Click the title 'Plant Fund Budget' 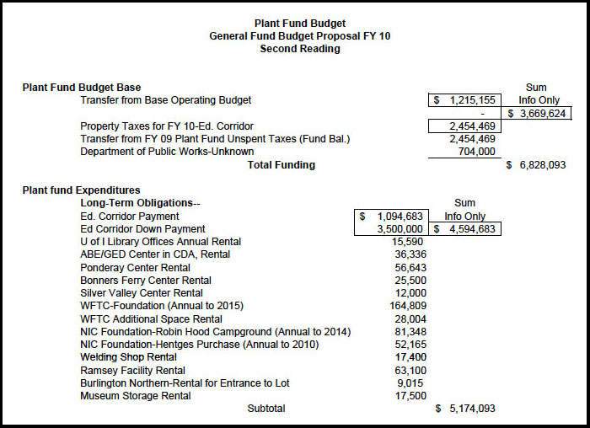pyautogui.click(x=299, y=24)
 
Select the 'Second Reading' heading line pyautogui.click(x=299, y=49)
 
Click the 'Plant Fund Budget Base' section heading pyautogui.click(x=82, y=88)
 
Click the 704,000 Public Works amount pyautogui.click(x=475, y=152)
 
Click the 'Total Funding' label pyautogui.click(x=282, y=165)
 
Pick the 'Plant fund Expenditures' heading pyautogui.click(x=81, y=190)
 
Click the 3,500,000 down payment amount pyautogui.click(x=400, y=228)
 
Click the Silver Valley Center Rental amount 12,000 pyautogui.click(x=410, y=292)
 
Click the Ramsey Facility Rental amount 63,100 pyautogui.click(x=410, y=370)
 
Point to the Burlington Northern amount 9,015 pyautogui.click(x=412, y=383)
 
